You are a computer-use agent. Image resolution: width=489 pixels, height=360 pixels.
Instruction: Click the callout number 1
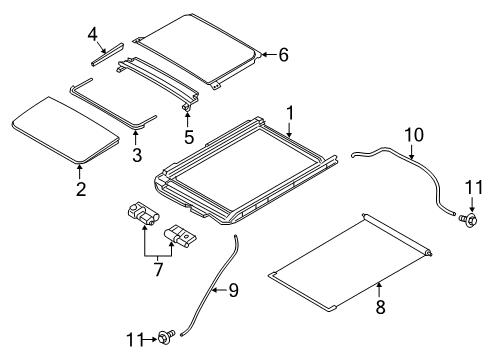(x=290, y=114)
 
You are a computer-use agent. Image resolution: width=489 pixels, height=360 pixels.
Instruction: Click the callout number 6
(x=283, y=55)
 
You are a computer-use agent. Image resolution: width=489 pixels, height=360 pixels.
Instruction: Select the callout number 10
(x=413, y=133)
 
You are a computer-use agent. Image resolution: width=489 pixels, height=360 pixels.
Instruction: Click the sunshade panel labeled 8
(x=350, y=260)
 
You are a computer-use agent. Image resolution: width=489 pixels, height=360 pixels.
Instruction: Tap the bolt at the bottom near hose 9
(x=169, y=340)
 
